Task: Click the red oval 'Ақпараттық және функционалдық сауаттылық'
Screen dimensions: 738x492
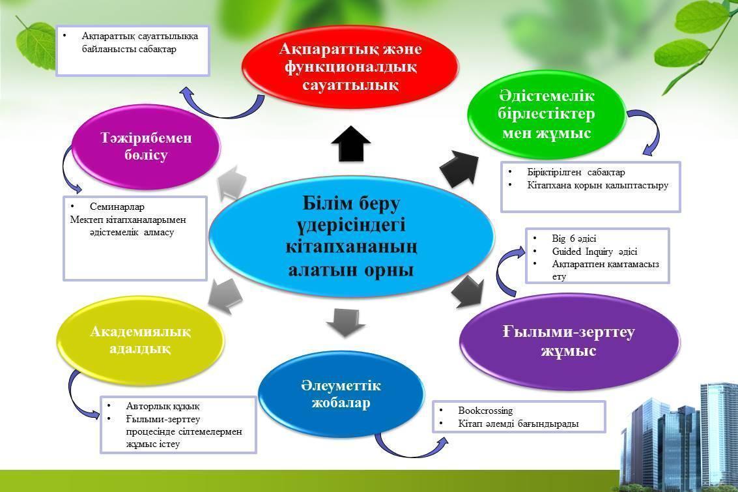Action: [x=350, y=66]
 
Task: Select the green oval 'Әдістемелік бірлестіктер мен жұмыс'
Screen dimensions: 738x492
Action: [x=546, y=115]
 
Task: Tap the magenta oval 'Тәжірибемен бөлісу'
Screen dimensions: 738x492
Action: [x=146, y=147]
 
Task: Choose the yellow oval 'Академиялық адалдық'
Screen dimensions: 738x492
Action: [x=140, y=340]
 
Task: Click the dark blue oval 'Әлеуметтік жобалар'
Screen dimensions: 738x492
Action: [x=341, y=394]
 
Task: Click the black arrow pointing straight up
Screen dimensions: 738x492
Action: [x=350, y=143]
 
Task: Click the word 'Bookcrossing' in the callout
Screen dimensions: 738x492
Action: [x=485, y=411]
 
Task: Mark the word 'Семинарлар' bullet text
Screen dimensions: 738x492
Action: [x=117, y=207]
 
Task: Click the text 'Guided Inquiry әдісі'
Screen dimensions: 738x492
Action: [x=595, y=252]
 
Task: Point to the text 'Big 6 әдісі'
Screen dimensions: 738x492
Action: [x=574, y=239]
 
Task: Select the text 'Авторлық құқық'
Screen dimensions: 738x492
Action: [x=163, y=406]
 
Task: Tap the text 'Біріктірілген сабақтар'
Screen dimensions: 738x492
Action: [x=576, y=172]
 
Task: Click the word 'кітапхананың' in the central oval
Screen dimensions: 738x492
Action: [x=351, y=247]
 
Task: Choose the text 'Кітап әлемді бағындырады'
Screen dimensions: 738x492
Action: [x=518, y=424]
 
